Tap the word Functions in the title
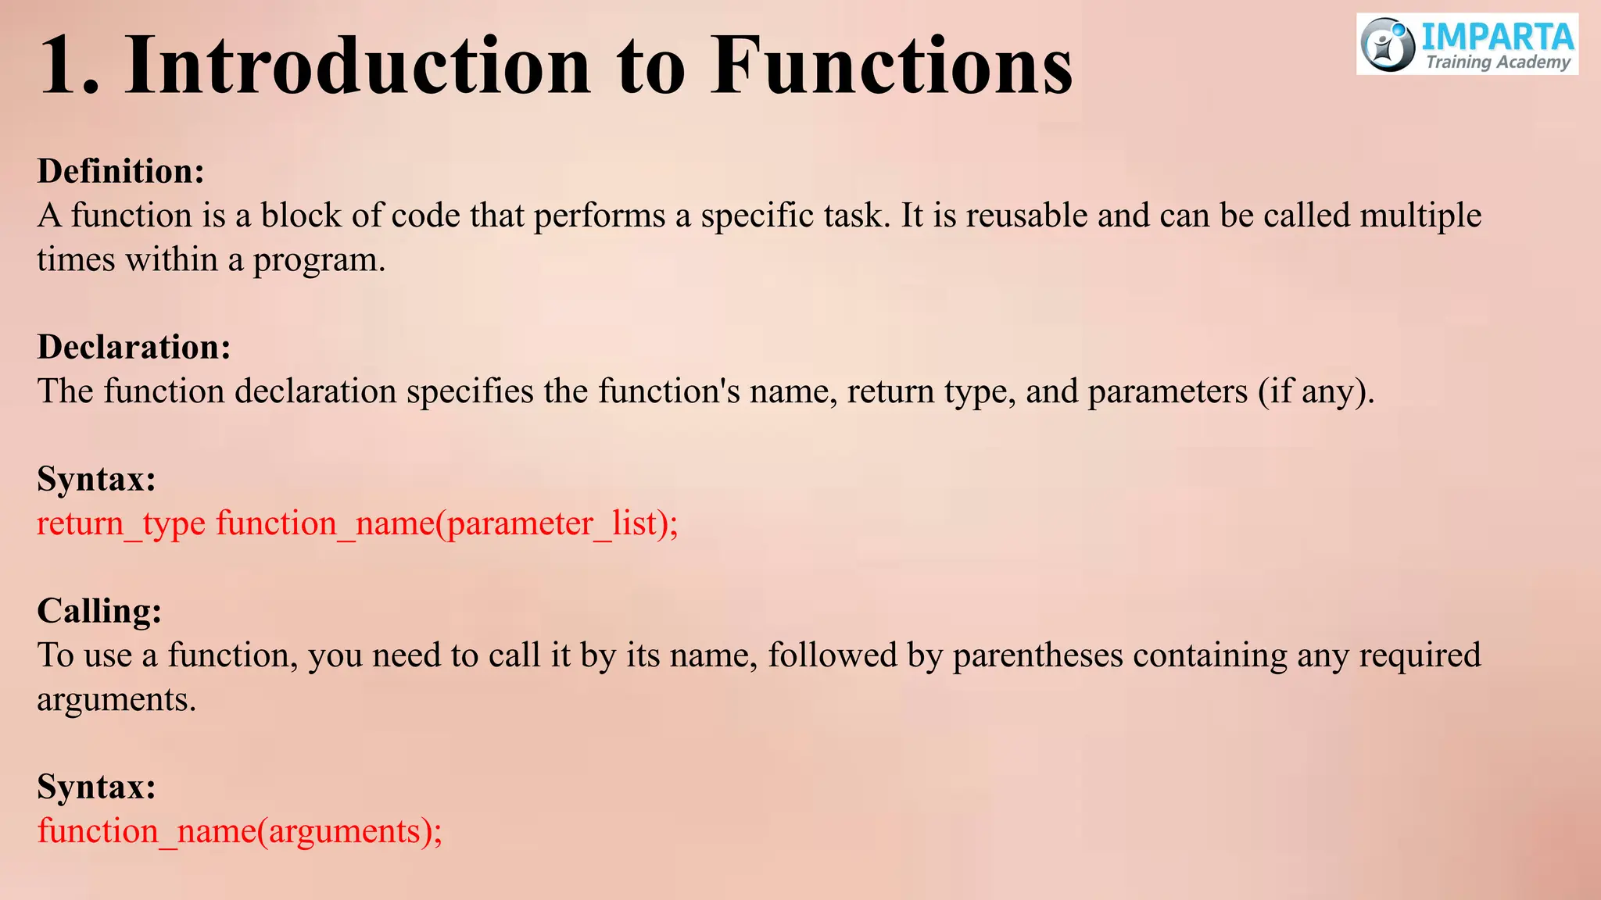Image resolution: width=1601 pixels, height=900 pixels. pos(891,66)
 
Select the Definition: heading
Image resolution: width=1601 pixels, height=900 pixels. pos(120,171)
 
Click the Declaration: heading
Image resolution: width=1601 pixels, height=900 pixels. pos(134,347)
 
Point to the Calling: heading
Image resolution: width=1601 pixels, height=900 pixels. pos(99,611)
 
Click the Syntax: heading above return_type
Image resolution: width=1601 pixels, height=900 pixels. pos(96,479)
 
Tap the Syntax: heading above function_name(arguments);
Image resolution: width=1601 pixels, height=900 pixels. pos(96,787)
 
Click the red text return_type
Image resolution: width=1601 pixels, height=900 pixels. pos(121,523)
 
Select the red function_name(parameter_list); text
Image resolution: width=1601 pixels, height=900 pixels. pos(447,523)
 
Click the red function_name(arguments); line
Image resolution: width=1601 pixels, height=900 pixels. pos(239,831)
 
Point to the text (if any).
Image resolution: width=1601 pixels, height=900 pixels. pos(1316,391)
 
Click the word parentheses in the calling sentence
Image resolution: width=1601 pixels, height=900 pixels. pos(1037,655)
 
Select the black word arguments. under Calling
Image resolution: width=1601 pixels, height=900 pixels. pos(116,700)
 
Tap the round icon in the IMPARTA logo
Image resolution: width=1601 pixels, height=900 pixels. pos(1388,45)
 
